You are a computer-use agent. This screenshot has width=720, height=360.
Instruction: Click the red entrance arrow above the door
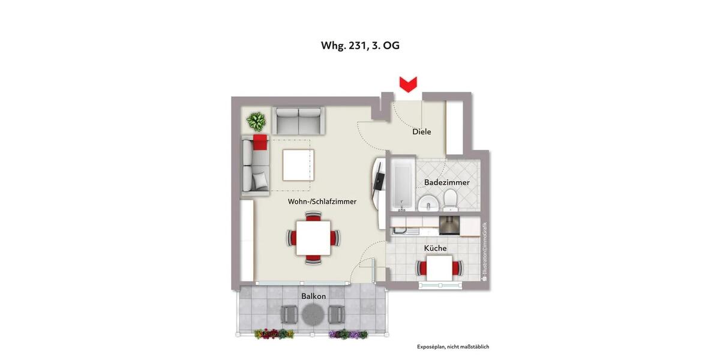[409, 85]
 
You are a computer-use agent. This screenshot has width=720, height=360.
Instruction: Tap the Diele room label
[421, 132]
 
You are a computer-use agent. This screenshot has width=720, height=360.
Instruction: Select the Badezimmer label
[446, 182]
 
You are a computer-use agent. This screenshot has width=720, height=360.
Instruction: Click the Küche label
[435, 248]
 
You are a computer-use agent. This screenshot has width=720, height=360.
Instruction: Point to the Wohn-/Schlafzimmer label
[322, 202]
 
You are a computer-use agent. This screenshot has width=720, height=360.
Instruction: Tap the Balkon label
[313, 296]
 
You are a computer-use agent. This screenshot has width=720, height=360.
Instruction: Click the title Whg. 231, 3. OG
[360, 46]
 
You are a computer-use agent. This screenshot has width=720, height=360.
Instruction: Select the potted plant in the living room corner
[257, 122]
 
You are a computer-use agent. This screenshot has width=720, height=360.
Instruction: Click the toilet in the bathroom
[451, 200]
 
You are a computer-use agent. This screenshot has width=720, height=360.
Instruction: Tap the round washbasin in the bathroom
[428, 203]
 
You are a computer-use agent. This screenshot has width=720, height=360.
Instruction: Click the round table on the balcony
[313, 313]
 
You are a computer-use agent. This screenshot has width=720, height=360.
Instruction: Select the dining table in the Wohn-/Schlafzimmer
[313, 238]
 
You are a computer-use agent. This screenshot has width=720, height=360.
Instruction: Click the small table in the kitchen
[440, 268]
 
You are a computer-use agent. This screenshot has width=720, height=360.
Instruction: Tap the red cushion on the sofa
[260, 143]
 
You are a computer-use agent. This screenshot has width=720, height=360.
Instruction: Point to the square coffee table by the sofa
[298, 164]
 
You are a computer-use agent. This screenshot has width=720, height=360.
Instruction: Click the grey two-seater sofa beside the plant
[298, 121]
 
